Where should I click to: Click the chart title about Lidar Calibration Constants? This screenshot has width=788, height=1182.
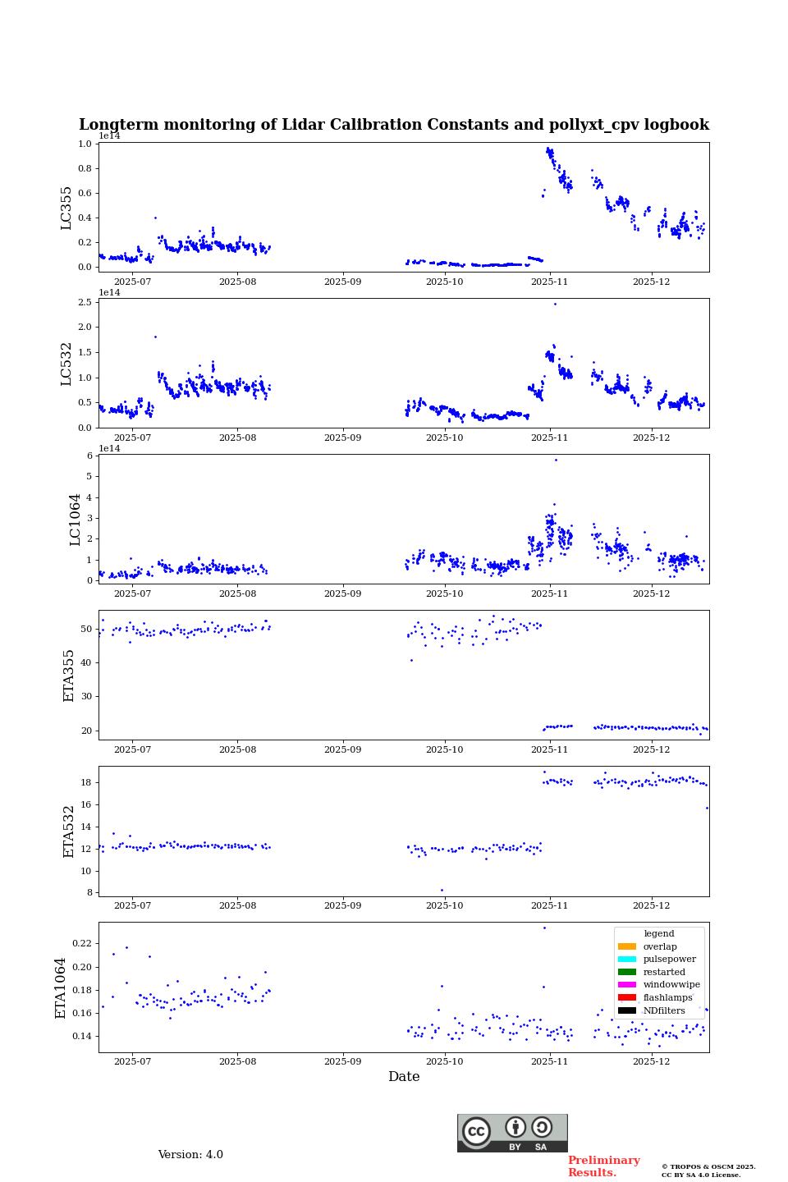(393, 125)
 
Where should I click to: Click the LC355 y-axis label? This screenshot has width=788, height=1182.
(66, 208)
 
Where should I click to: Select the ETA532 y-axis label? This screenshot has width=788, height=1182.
(69, 831)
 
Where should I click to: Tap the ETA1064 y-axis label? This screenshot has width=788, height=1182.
(61, 987)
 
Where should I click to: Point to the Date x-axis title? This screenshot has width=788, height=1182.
(404, 1077)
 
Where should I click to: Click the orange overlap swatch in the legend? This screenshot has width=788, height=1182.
(626, 946)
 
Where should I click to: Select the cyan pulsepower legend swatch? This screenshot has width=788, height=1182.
(626, 960)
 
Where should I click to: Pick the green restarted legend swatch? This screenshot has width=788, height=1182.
(626, 972)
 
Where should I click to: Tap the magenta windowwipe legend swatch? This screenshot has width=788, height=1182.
(626, 985)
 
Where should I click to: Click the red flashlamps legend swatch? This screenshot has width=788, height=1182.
(626, 998)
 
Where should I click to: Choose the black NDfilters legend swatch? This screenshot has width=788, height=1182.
(626, 1010)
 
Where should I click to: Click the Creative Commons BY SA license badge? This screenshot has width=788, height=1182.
(512, 1133)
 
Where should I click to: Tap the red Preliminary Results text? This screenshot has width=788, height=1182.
(603, 1166)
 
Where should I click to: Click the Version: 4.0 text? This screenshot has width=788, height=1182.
(190, 1155)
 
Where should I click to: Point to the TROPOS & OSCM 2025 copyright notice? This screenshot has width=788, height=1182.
(708, 1171)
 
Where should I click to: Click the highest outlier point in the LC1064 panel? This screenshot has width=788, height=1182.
(556, 460)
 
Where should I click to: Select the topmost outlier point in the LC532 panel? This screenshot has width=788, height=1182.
(555, 304)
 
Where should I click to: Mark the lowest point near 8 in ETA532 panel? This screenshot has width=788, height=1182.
(442, 890)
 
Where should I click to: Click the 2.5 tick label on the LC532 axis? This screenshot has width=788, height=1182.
(84, 303)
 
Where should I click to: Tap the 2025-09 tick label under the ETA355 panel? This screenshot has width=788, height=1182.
(342, 749)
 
